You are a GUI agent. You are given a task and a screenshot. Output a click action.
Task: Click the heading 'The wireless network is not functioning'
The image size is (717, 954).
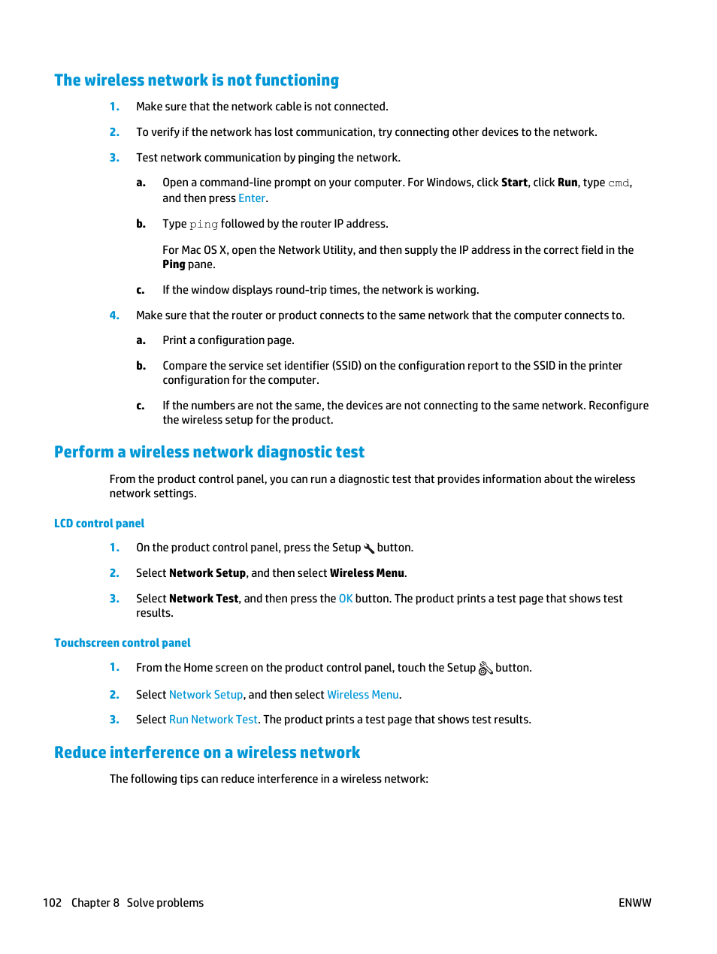(x=196, y=80)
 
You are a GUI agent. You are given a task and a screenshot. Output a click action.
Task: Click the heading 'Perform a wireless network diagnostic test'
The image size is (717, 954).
(x=209, y=452)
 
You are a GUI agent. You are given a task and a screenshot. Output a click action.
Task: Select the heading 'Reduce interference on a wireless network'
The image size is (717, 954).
(x=207, y=753)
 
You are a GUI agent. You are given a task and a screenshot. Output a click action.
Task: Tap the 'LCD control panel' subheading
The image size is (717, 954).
(x=99, y=524)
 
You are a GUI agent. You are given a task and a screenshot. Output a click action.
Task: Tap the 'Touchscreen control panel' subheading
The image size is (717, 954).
(x=123, y=643)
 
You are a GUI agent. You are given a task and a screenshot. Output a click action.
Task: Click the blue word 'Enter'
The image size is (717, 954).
(x=252, y=198)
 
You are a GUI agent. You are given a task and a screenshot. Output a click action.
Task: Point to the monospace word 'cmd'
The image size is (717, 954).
(x=619, y=183)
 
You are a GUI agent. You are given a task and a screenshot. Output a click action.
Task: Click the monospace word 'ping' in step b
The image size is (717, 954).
(x=204, y=225)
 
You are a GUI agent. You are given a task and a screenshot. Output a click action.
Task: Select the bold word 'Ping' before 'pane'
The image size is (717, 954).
(x=174, y=264)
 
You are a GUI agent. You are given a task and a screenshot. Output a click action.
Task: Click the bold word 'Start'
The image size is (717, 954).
(x=514, y=183)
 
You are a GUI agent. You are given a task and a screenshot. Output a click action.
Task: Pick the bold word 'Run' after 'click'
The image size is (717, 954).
(x=567, y=183)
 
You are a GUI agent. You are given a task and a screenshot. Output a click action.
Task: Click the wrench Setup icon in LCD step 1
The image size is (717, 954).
(x=369, y=548)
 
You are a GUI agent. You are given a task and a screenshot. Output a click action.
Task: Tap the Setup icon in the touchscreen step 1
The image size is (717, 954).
(x=486, y=668)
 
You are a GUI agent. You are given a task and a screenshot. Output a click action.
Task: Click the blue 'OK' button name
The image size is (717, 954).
(x=346, y=599)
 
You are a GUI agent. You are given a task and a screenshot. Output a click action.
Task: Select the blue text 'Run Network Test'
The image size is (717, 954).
(x=213, y=720)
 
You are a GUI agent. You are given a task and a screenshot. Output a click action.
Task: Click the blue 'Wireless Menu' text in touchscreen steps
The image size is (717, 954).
(x=363, y=695)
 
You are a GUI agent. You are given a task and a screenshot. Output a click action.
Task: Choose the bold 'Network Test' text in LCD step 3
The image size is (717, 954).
(x=204, y=599)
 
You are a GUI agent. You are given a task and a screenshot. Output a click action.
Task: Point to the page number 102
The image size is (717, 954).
(x=52, y=903)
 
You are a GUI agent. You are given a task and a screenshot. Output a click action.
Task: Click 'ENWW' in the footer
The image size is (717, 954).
(x=634, y=903)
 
